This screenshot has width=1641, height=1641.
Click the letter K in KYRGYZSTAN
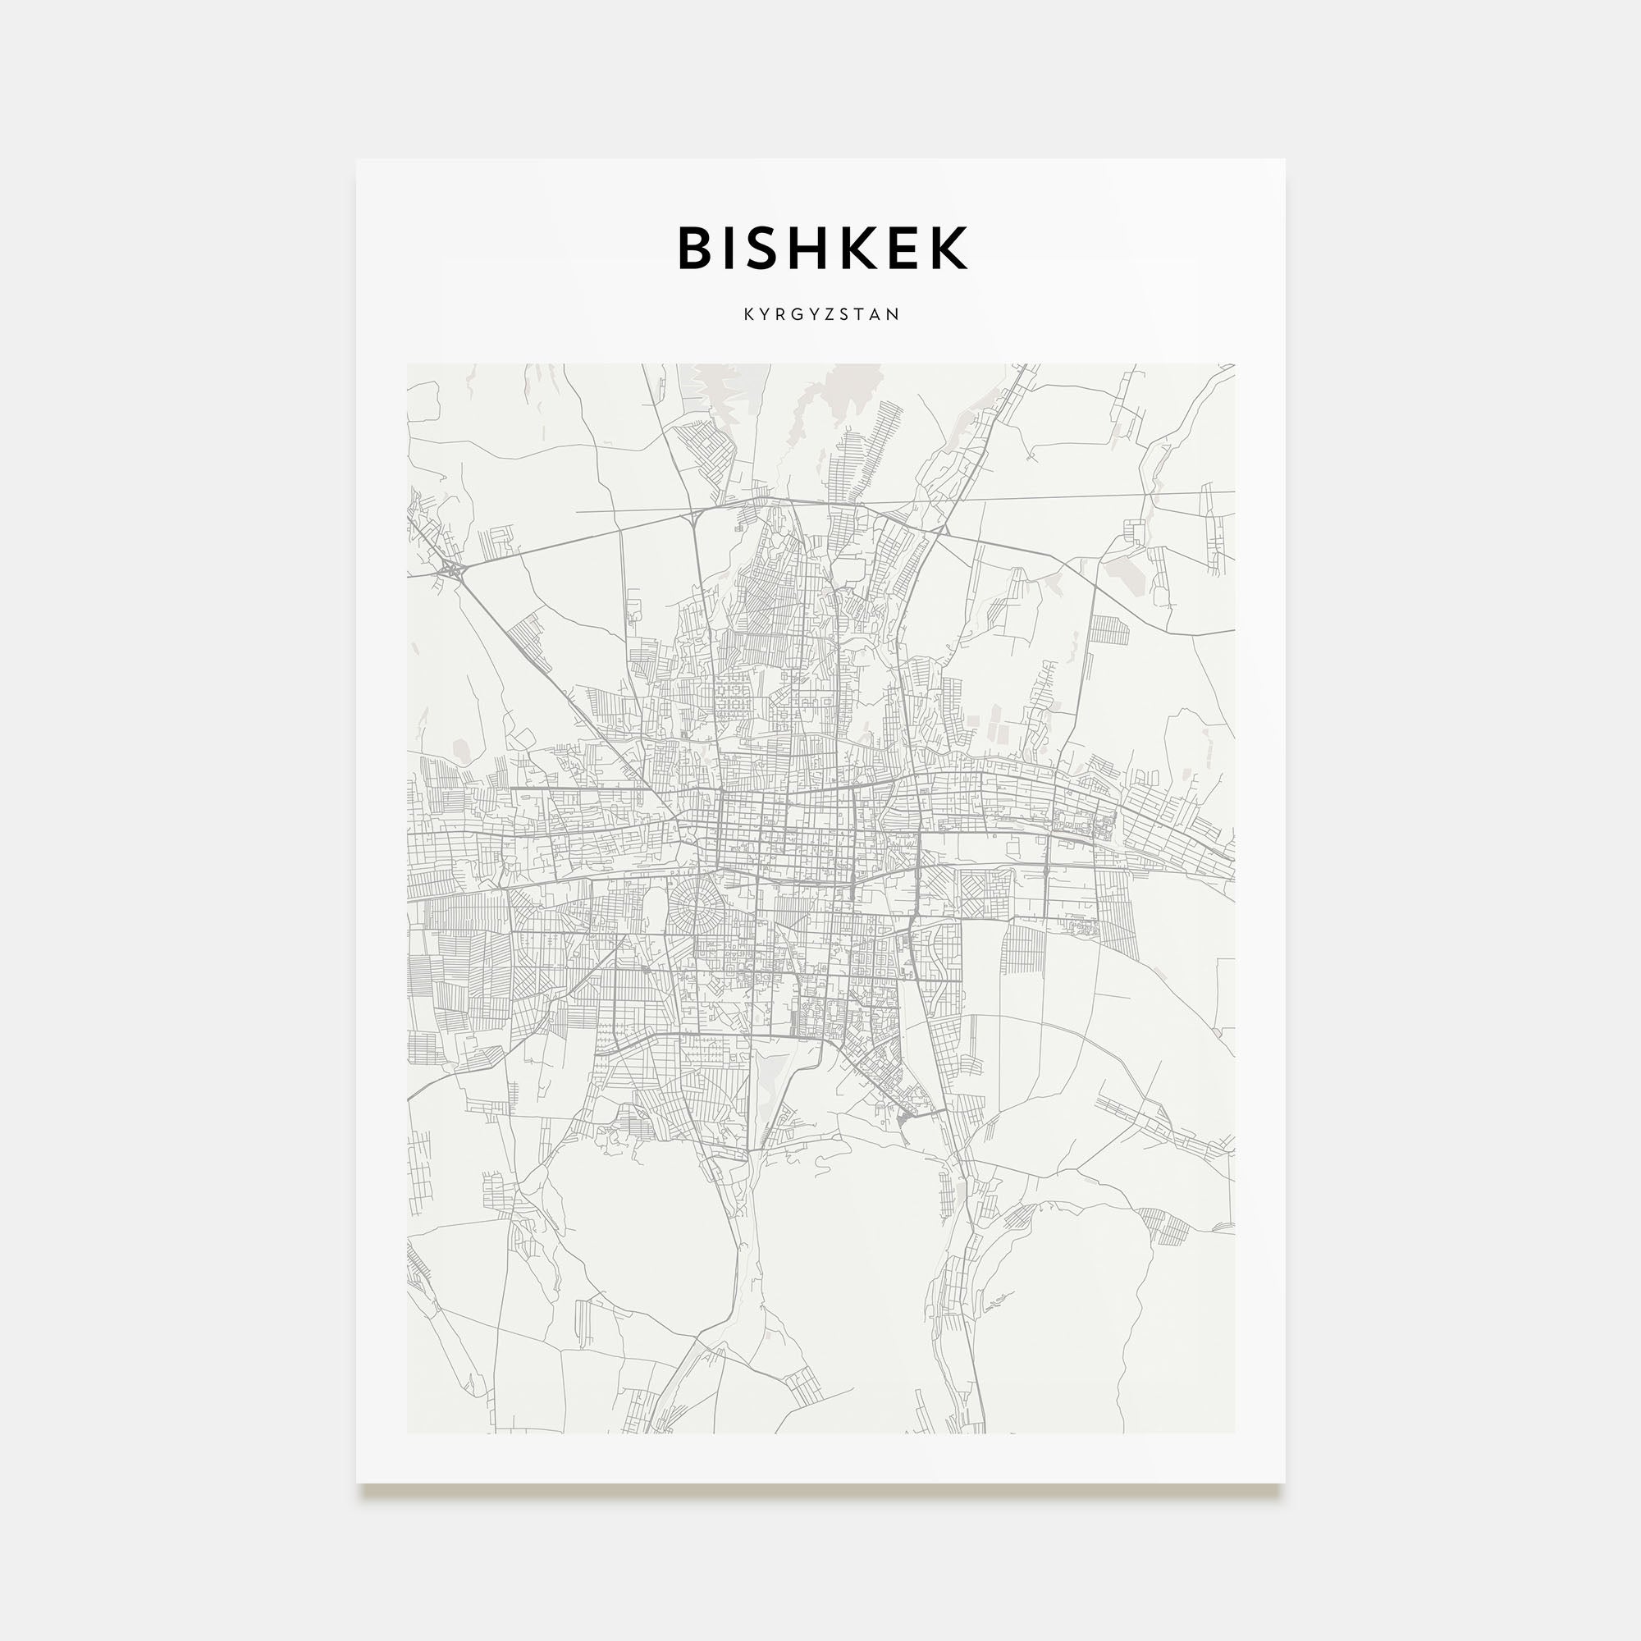[x=749, y=314]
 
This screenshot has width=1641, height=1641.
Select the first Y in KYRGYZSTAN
[x=767, y=314]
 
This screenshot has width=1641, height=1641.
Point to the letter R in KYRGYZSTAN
[x=784, y=314]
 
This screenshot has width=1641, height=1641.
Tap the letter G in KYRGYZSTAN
[x=802, y=314]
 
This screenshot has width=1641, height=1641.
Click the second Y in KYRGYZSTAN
[x=820, y=314]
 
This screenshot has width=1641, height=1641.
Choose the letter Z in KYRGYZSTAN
[x=837, y=314]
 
